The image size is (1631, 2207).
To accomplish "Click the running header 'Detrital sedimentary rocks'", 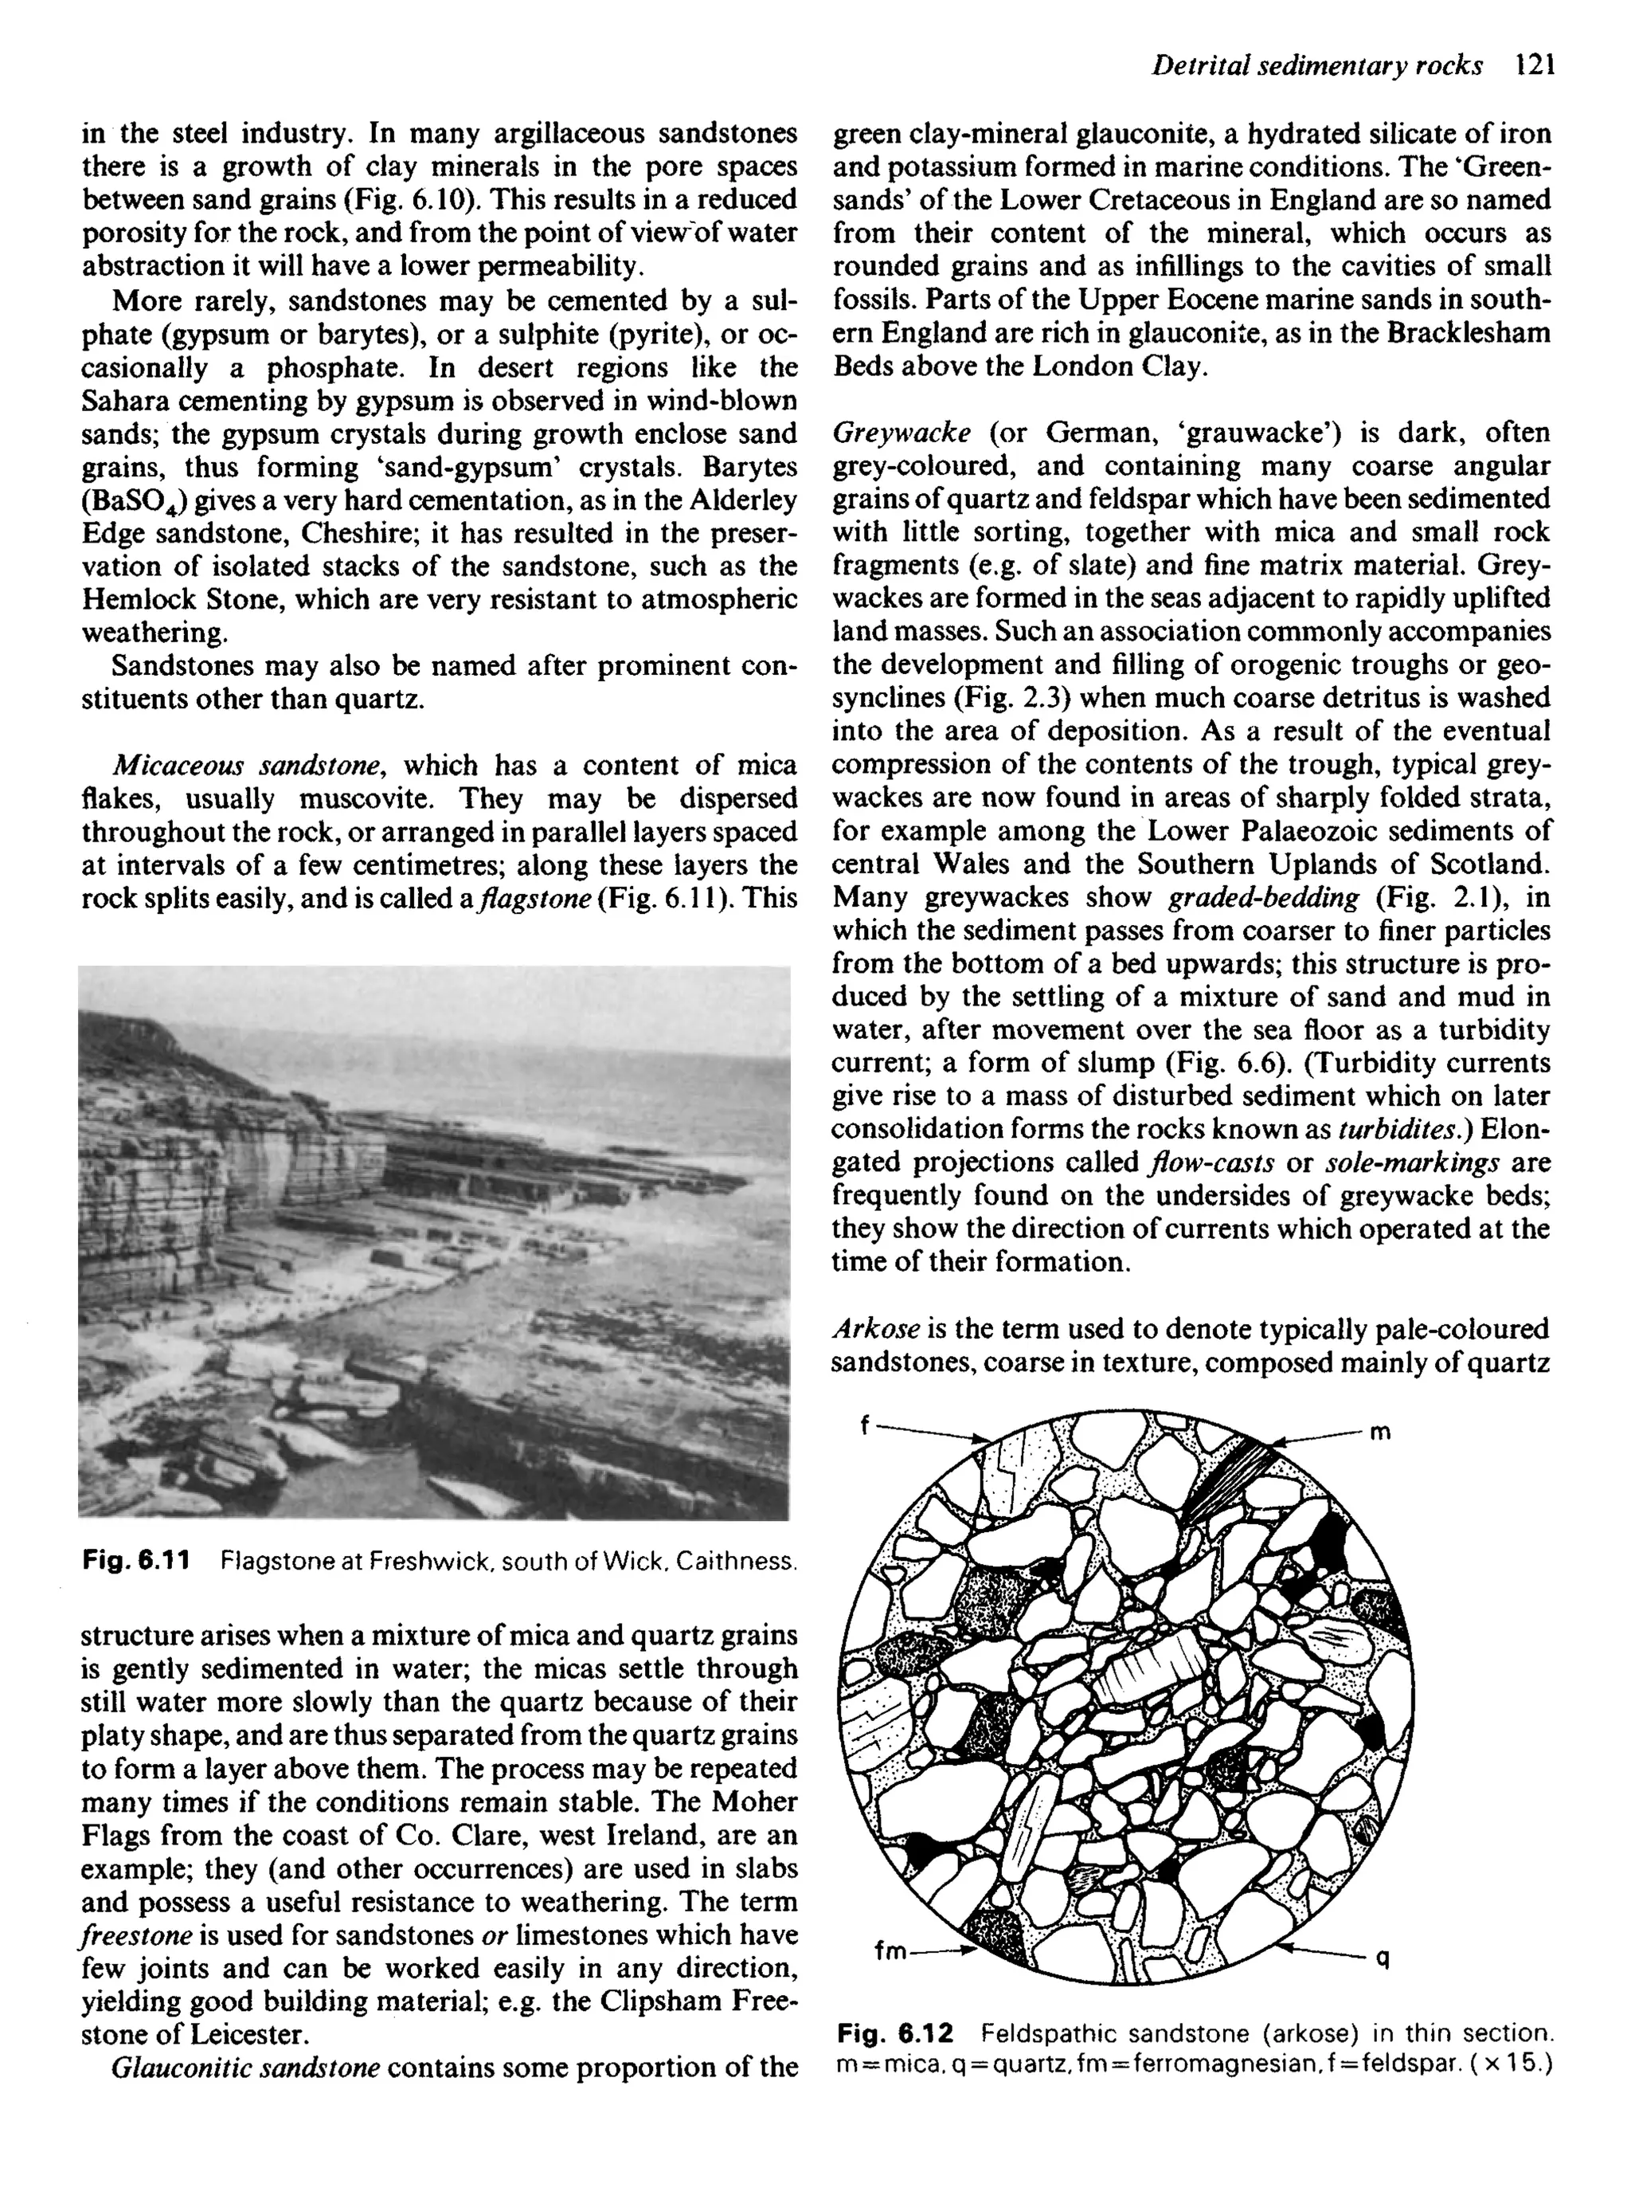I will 1317,66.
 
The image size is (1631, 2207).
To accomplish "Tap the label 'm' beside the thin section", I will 1381,1432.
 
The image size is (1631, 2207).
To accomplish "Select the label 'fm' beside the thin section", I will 890,1951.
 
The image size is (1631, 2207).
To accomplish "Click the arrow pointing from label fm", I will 944,1951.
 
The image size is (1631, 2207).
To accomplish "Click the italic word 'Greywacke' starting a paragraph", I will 902,433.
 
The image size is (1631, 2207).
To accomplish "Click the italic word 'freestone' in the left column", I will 129,1935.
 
